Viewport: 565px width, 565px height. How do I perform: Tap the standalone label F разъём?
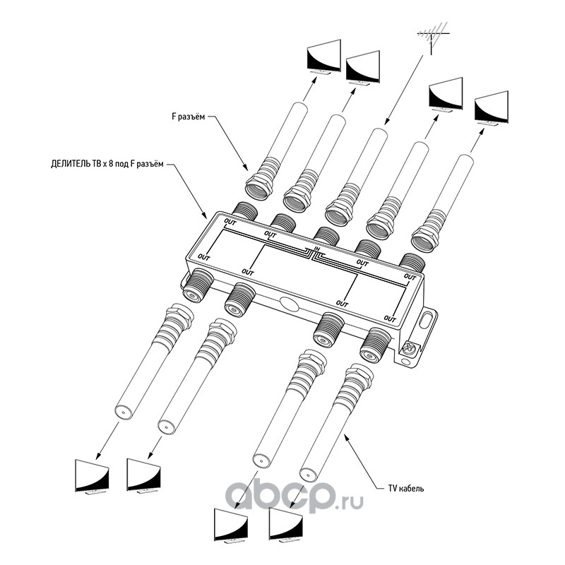pos(189,118)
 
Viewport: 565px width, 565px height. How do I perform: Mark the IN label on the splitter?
pos(317,248)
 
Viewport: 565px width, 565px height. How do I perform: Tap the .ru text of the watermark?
pos(349,500)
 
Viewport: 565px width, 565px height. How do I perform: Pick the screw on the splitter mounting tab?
pos(408,347)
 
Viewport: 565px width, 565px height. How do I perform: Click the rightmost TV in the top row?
pos(492,107)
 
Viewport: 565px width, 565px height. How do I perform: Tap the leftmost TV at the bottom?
pos(93,477)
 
